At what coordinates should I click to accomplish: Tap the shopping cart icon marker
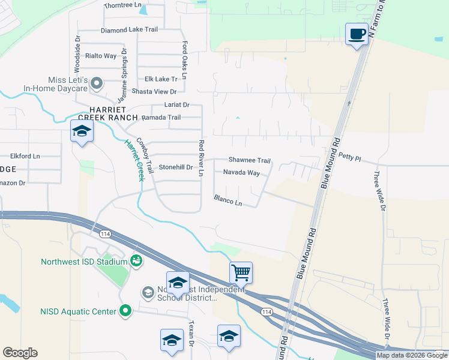click(x=241, y=272)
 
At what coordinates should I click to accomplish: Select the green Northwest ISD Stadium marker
click(x=136, y=261)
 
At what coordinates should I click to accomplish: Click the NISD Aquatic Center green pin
click(x=125, y=311)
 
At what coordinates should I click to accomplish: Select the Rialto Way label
click(x=100, y=56)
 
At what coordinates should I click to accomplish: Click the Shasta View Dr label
click(x=155, y=92)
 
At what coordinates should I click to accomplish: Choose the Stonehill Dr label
click(x=175, y=167)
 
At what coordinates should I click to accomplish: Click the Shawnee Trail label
click(x=249, y=160)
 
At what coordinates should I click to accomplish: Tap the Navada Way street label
click(x=241, y=173)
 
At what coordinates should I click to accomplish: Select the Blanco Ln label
click(x=228, y=200)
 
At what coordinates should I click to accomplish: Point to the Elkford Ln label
click(x=25, y=156)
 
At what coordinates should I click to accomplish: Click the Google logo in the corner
click(x=20, y=353)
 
